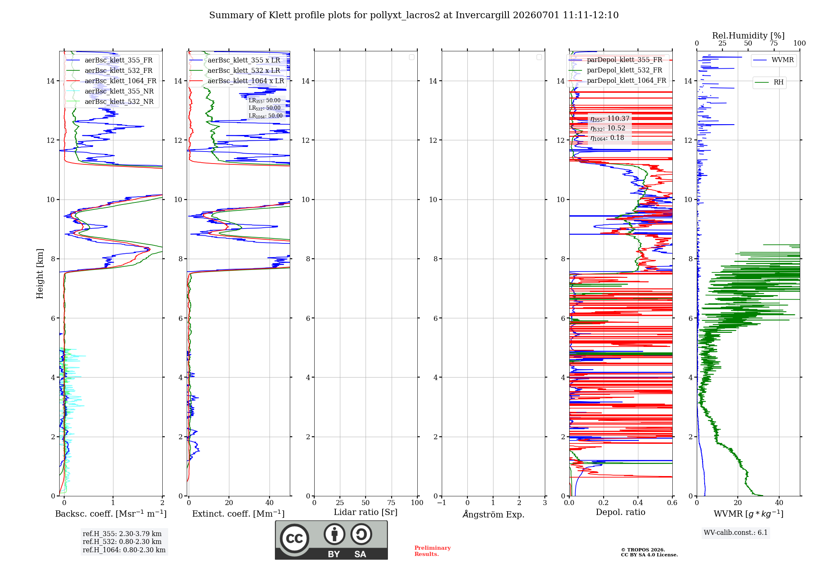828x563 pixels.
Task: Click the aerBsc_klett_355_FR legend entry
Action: (x=109, y=60)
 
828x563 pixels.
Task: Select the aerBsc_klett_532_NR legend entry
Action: (x=110, y=102)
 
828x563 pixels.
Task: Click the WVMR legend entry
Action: (x=773, y=60)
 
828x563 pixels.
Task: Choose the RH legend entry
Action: (x=769, y=82)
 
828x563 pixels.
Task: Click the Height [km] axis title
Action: (x=40, y=274)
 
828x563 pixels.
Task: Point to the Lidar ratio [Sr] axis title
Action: (x=366, y=512)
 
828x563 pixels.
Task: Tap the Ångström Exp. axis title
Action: (x=493, y=514)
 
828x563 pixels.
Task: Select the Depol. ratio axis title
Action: (x=621, y=512)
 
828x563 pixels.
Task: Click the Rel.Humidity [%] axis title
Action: (x=749, y=36)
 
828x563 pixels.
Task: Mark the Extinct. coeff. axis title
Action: (x=238, y=514)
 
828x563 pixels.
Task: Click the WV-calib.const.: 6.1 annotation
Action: (x=736, y=533)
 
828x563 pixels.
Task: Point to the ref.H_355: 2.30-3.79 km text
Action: (x=122, y=534)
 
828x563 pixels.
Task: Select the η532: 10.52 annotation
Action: (x=608, y=128)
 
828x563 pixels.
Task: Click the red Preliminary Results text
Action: (x=433, y=551)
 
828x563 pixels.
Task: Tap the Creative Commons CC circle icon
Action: (x=294, y=539)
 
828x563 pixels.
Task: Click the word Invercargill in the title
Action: (x=482, y=15)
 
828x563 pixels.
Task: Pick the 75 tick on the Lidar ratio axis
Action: (x=391, y=503)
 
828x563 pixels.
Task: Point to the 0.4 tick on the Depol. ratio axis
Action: (x=638, y=503)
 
